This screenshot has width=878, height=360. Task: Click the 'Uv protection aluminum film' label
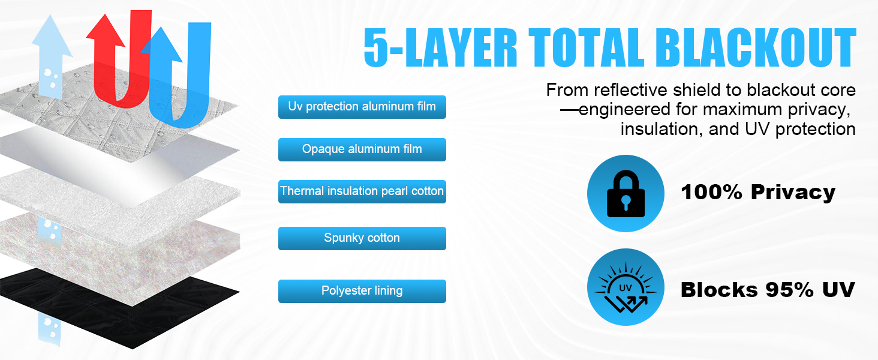coord(362,107)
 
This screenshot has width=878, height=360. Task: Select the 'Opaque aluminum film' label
coord(362,149)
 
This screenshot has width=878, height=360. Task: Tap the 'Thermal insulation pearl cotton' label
coord(362,191)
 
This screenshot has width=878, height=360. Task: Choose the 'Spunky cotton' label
coord(362,238)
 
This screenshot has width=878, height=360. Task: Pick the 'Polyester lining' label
coord(362,291)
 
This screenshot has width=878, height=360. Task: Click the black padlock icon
coord(626,193)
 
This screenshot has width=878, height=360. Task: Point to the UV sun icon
coord(626,287)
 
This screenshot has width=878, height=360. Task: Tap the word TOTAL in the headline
coord(587,48)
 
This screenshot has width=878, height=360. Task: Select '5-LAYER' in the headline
coord(441,48)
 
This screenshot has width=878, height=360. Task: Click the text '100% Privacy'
coord(758,192)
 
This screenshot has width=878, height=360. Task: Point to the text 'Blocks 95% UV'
coord(768,290)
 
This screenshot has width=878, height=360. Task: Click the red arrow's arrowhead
coord(105,31)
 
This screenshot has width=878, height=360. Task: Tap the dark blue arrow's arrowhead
coord(161,44)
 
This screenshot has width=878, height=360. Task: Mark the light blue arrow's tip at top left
coord(50,14)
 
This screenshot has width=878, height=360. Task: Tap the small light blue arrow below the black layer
coord(49,329)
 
